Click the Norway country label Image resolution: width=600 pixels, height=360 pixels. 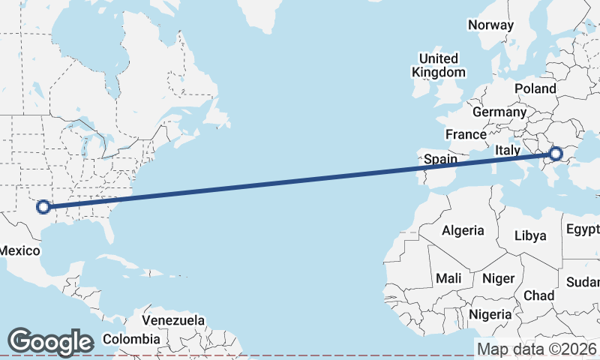[x=490, y=25]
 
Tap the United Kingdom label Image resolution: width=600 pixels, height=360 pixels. [x=439, y=65]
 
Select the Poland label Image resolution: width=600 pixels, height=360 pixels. [x=535, y=88]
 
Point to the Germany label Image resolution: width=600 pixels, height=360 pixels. [x=499, y=112]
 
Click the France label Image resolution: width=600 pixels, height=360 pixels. [x=465, y=134]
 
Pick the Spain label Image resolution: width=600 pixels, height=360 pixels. [x=440, y=159]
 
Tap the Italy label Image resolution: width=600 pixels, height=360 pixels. [x=507, y=151]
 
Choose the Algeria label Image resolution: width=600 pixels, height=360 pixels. [x=463, y=230]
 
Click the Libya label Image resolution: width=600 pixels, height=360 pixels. [x=530, y=235]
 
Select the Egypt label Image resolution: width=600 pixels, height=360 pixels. [x=583, y=229]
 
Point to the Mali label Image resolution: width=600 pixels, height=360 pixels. [x=448, y=278]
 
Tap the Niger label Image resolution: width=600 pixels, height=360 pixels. [x=498, y=278]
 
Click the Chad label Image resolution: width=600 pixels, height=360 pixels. [x=539, y=295]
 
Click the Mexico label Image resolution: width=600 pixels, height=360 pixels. [x=19, y=250]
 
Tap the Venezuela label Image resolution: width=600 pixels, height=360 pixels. [x=173, y=320]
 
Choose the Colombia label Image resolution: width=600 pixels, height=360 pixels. [x=130, y=338]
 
